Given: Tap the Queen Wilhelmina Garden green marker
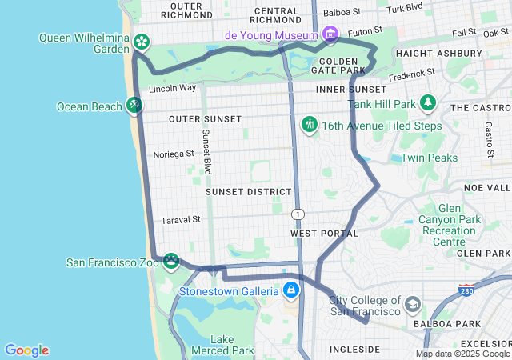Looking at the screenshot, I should pyautogui.click(x=141, y=41).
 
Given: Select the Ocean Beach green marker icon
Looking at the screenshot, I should pyautogui.click(x=134, y=106).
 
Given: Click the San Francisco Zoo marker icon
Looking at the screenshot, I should pyautogui.click(x=170, y=262).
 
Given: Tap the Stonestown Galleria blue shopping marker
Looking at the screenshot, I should pyautogui.click(x=290, y=290).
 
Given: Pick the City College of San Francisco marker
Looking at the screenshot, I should pyautogui.click(x=412, y=304).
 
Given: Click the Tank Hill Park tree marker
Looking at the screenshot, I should pyautogui.click(x=429, y=103).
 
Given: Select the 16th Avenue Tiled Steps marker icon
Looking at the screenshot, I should pyautogui.click(x=309, y=125).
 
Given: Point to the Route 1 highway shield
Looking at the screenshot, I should pyautogui.click(x=298, y=214).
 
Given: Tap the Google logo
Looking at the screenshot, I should pyautogui.click(x=26, y=350).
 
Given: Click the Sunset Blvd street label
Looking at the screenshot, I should pyautogui.click(x=206, y=152).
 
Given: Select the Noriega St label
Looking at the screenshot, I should pyautogui.click(x=174, y=153).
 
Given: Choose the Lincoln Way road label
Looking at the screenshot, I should pyautogui.click(x=172, y=88).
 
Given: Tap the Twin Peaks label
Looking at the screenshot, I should pyautogui.click(x=430, y=158).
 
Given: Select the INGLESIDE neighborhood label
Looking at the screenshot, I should pyautogui.click(x=354, y=350).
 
